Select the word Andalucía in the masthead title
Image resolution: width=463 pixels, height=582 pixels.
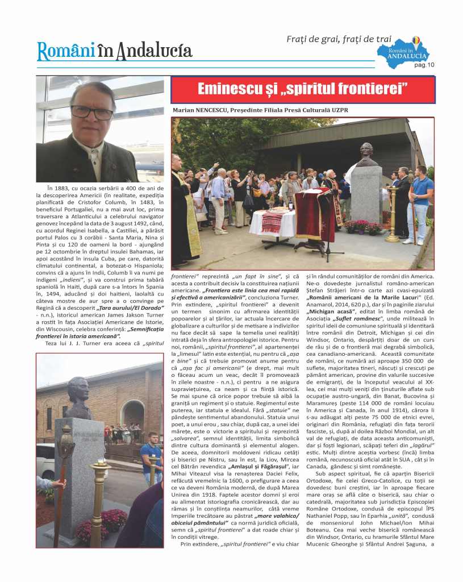pos(154,51)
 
